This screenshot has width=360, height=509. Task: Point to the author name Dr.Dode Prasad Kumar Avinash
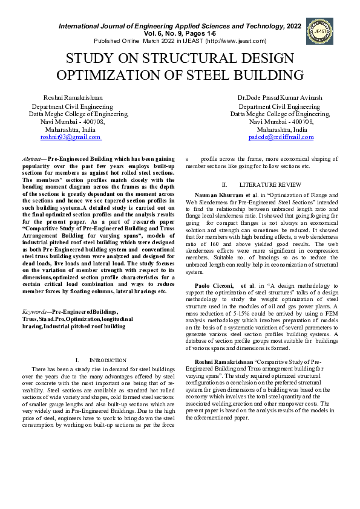click(x=279, y=98)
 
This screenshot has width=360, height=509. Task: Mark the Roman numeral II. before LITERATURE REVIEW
click(x=224, y=184)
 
